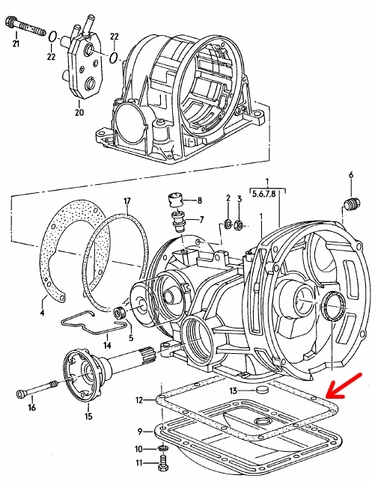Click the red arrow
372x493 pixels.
(344, 386)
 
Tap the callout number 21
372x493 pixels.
(16, 43)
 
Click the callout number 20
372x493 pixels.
(79, 112)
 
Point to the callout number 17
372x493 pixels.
(127, 201)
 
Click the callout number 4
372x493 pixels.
(42, 312)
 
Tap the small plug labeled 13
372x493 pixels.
(261, 391)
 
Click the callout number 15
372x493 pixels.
(88, 416)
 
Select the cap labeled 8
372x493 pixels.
(176, 200)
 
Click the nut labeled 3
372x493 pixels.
(239, 224)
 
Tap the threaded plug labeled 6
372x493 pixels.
(353, 204)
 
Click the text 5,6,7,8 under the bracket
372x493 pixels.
(263, 194)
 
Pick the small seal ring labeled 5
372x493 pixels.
(120, 313)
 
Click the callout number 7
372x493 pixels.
(201, 219)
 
